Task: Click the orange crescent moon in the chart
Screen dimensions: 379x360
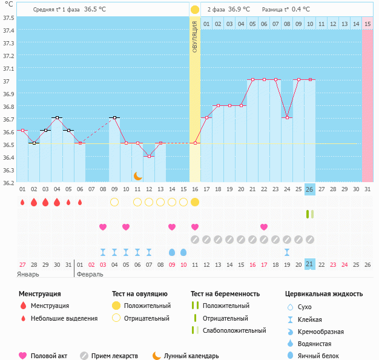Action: (x=138, y=176)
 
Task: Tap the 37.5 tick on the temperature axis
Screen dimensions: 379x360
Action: (x=8, y=18)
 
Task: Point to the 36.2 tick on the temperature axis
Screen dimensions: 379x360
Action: (x=8, y=183)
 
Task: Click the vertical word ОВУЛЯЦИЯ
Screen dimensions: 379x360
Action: (x=194, y=37)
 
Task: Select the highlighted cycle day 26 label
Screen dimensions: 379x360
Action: (x=309, y=189)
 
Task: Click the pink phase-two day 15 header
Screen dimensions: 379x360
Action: (x=367, y=24)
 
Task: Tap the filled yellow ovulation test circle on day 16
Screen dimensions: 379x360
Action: (x=195, y=202)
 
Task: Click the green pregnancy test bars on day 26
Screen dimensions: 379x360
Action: (x=310, y=214)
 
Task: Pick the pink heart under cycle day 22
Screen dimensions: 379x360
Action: (x=264, y=227)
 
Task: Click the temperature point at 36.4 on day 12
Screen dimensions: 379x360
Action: (x=149, y=156)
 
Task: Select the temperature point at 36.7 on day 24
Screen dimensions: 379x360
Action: (x=287, y=117)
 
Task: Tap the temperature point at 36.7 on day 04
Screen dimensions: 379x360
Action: (x=57, y=117)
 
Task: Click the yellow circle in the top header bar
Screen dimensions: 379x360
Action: (x=195, y=10)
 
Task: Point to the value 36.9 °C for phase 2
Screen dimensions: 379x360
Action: (x=239, y=9)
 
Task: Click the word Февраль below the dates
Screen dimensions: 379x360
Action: (x=90, y=275)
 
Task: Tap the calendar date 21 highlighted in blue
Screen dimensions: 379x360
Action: (x=309, y=264)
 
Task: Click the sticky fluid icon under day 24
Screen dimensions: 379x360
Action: (x=287, y=252)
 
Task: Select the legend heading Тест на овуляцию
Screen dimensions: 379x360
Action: (x=140, y=294)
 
